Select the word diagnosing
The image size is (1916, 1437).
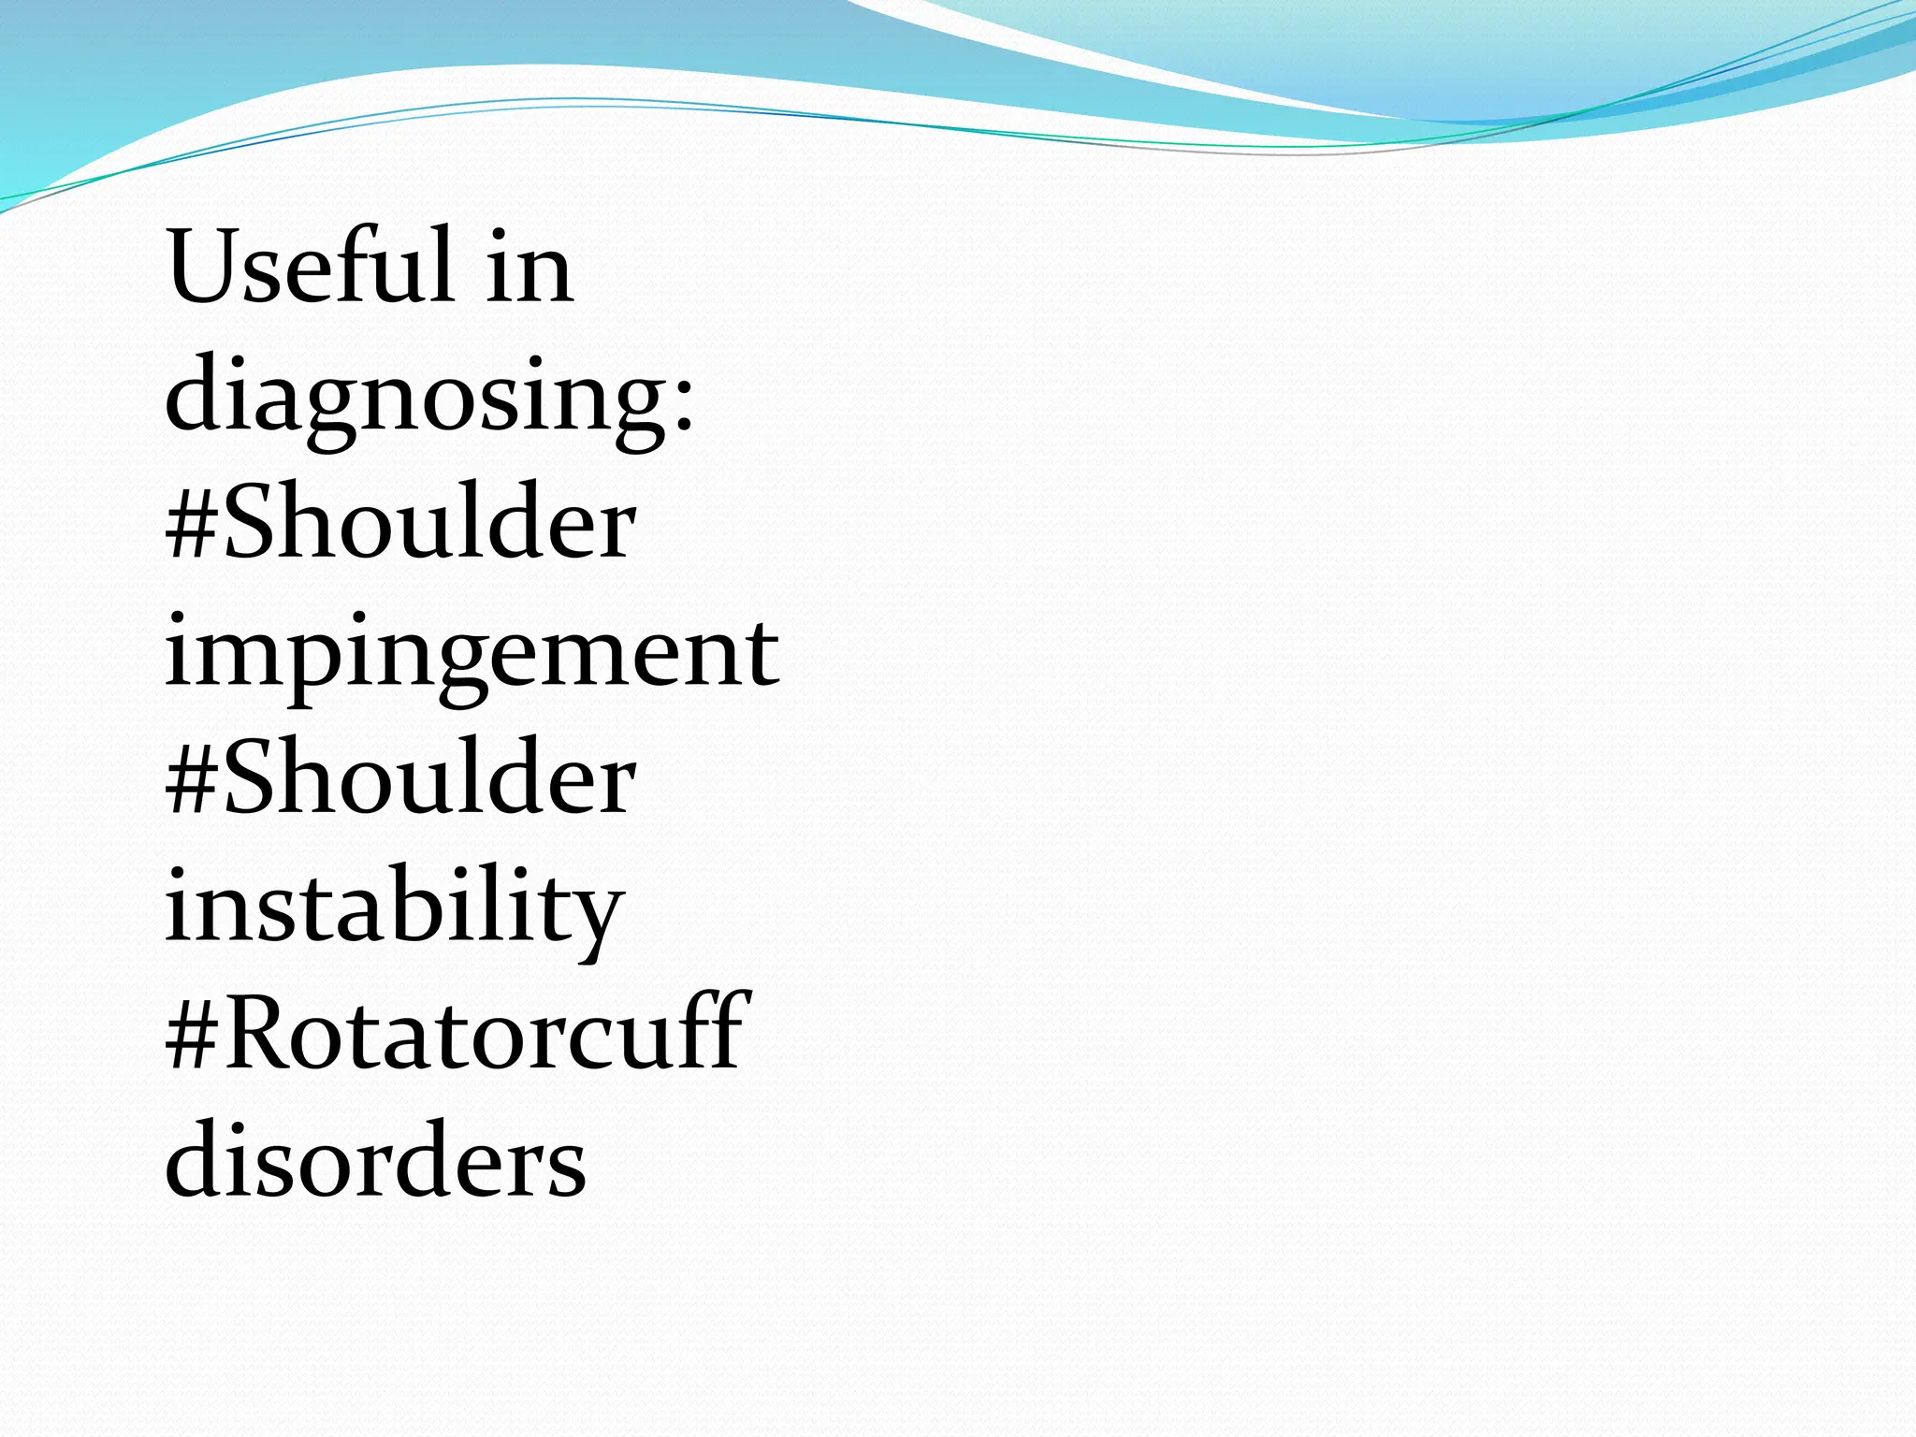(x=415, y=398)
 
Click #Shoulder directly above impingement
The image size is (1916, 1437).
(x=400, y=524)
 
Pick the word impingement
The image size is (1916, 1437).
(x=472, y=655)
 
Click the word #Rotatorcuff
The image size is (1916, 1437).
(x=457, y=1034)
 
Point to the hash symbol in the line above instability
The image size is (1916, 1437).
(x=193, y=784)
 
